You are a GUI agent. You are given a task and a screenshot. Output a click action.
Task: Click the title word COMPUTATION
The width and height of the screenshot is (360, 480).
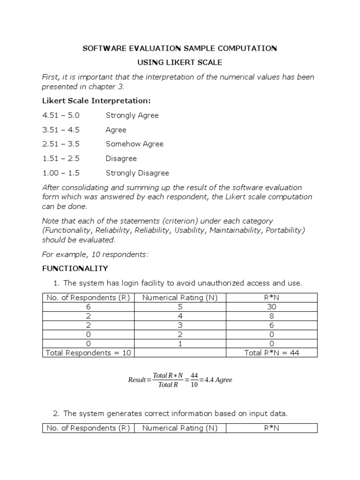[x=248, y=48]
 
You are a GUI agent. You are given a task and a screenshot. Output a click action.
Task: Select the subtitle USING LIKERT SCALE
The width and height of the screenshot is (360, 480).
[x=180, y=62]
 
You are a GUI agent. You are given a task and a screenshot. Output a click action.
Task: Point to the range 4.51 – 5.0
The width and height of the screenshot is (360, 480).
[x=61, y=115]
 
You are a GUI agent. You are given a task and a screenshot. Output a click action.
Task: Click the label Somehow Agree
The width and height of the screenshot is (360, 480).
[x=135, y=144]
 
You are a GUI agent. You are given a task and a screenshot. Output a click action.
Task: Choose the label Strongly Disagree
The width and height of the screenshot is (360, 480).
[x=137, y=173]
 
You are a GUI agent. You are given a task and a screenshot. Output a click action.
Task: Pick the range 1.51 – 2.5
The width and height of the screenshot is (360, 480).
[x=61, y=158]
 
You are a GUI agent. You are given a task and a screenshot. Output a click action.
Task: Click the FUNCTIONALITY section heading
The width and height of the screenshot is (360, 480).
[x=75, y=269]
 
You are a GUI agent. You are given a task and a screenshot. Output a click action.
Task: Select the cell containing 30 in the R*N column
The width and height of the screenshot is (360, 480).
[x=272, y=307]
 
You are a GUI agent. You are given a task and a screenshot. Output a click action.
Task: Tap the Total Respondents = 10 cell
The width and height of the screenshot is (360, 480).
[x=88, y=352]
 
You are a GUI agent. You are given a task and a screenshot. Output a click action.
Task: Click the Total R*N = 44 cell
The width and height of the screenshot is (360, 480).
[x=272, y=352]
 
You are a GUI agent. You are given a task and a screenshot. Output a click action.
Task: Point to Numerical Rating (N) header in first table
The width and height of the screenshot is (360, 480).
[x=180, y=297]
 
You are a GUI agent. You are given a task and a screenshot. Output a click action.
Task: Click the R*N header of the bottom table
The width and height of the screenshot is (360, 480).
[x=272, y=428]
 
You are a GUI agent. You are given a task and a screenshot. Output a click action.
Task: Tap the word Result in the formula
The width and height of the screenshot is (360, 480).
[x=137, y=380]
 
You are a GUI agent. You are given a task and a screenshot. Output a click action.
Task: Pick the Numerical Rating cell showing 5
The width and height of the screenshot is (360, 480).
[x=180, y=307]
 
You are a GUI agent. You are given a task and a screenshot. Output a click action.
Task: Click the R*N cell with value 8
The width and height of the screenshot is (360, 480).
[x=272, y=316]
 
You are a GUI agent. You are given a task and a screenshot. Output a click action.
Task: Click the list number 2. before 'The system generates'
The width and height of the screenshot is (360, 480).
[x=56, y=413]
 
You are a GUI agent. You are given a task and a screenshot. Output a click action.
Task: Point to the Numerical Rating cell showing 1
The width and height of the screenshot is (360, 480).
[x=180, y=344]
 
